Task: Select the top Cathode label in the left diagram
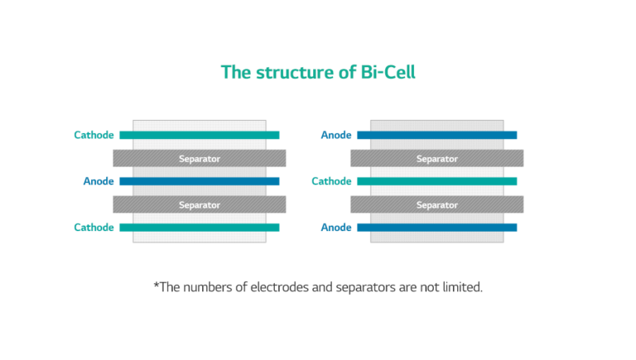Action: tap(94, 135)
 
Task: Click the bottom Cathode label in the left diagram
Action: tap(94, 228)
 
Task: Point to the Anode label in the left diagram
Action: tap(99, 181)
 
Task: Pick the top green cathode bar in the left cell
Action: tap(199, 135)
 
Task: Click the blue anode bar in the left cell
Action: tap(199, 181)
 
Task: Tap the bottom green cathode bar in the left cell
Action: tap(199, 228)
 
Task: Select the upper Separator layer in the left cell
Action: tap(200, 158)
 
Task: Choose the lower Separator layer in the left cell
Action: tap(200, 204)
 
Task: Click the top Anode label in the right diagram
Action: tap(336, 135)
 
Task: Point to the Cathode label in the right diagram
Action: tap(331, 181)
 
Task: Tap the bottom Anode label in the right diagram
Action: tap(336, 228)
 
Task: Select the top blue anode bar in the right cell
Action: tap(436, 135)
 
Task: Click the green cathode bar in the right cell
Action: tap(436, 181)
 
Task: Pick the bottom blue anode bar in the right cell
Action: tap(436, 228)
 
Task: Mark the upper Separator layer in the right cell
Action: tap(437, 158)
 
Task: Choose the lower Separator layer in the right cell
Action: tap(437, 204)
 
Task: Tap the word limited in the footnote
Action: tap(459, 287)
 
